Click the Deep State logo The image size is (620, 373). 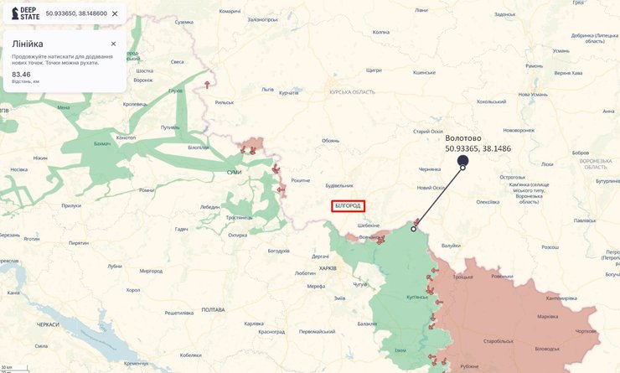23,13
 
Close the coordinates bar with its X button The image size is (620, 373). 115,13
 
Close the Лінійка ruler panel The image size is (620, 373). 113,44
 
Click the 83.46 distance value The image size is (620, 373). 21,75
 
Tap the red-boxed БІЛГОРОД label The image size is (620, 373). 348,205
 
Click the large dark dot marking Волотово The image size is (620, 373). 462,160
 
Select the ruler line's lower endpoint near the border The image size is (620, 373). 413,228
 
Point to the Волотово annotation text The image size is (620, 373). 463,138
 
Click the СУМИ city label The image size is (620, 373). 234,173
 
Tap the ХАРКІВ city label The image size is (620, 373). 328,268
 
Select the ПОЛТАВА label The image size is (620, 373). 213,309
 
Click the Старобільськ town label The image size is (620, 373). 499,341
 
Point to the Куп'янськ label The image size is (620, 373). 417,297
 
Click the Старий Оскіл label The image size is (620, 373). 427,132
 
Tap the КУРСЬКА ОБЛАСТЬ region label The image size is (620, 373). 352,92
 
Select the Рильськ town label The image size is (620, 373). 225,102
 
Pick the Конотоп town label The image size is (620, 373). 126,137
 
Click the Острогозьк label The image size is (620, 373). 512,177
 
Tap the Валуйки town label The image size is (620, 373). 451,246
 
